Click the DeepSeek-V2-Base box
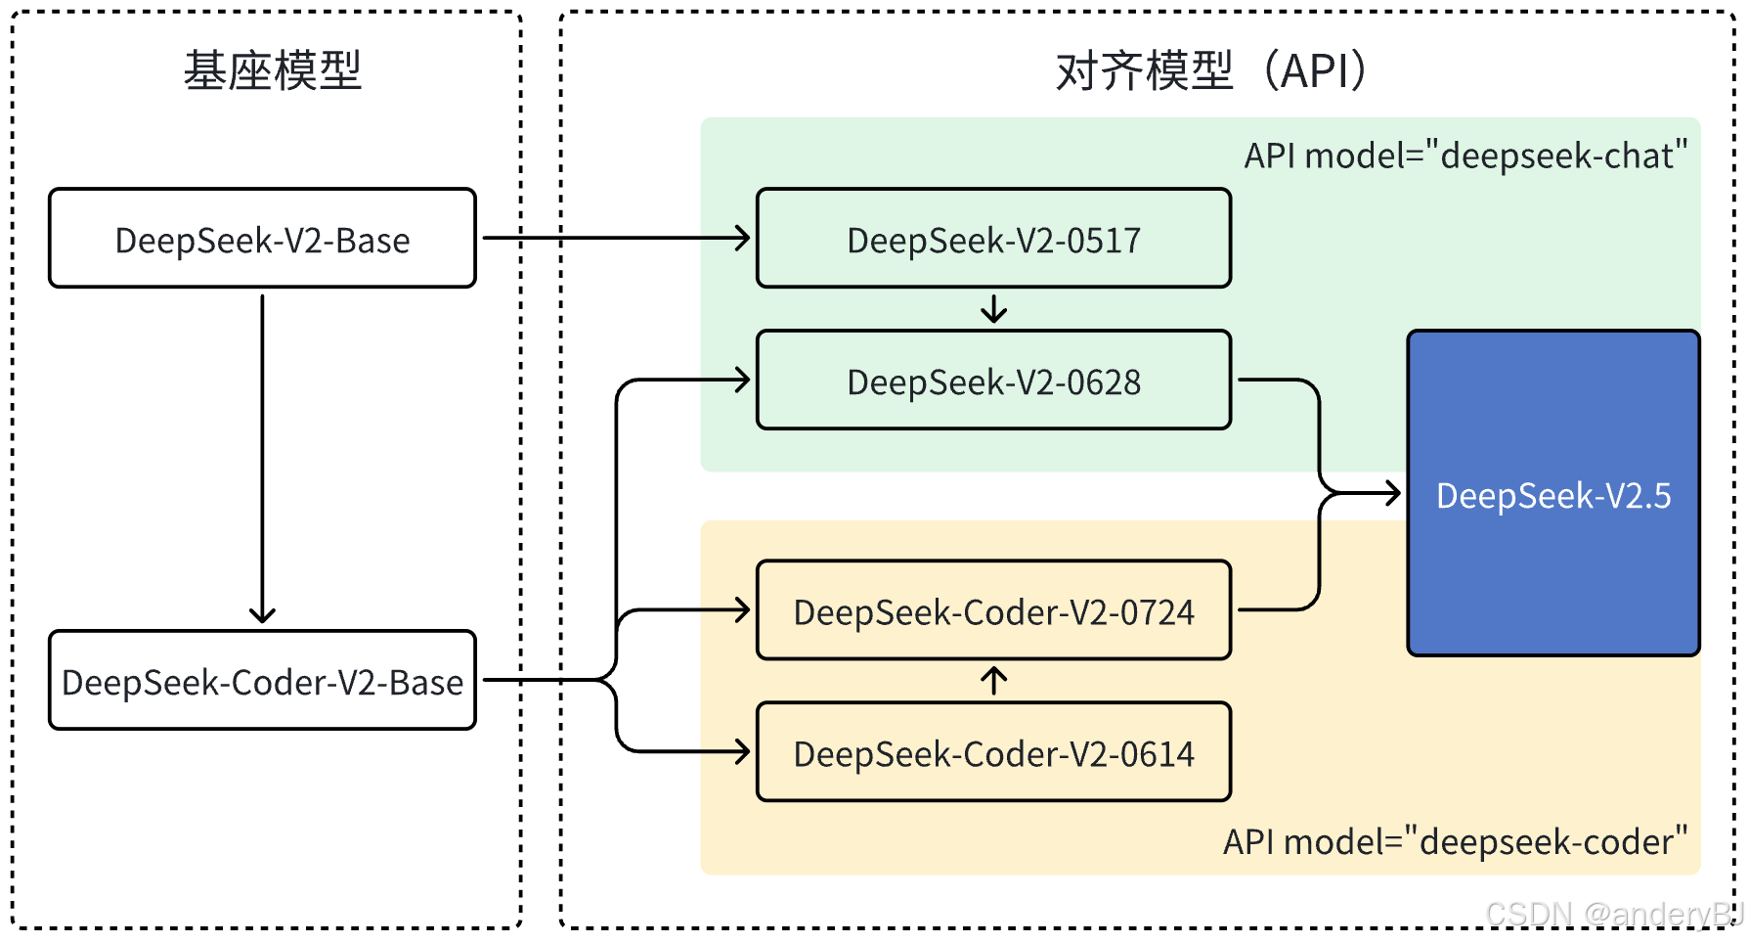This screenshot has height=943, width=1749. [x=262, y=239]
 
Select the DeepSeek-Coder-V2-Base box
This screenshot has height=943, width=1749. [x=262, y=681]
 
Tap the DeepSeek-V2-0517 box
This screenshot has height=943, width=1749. [x=993, y=239]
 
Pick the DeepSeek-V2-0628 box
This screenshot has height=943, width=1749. [x=993, y=381]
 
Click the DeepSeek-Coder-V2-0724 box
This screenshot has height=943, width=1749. [x=993, y=611]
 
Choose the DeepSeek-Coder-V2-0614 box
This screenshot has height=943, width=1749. [x=993, y=752]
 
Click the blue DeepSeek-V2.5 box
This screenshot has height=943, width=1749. [x=1552, y=494]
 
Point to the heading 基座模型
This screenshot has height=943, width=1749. [x=273, y=70]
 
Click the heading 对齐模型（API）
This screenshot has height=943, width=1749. [x=1212, y=70]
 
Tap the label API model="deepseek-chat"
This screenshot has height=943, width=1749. [x=1465, y=156]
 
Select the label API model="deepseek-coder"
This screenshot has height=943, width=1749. [x=1455, y=841]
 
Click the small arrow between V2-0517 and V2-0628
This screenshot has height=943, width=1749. [x=993, y=309]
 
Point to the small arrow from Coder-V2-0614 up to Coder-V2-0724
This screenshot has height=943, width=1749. [x=993, y=680]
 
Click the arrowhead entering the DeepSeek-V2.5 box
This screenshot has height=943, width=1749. [x=1392, y=493]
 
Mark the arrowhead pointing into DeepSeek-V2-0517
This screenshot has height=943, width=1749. [x=742, y=238]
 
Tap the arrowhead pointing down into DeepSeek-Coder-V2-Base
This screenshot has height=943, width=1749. [x=262, y=614]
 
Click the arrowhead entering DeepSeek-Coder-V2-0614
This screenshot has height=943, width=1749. [x=742, y=751]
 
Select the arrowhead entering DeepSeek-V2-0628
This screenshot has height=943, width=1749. [x=742, y=380]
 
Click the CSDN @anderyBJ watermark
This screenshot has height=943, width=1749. [x=1613, y=914]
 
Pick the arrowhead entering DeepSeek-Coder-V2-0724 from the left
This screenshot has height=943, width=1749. [x=742, y=610]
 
